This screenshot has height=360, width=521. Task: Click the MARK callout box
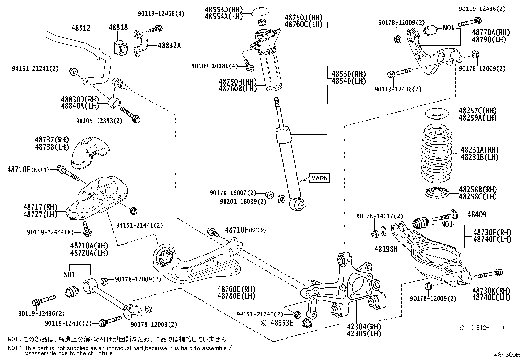click(x=319, y=178)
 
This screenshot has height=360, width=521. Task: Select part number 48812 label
click(x=81, y=28)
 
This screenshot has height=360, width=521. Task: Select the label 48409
click(x=477, y=215)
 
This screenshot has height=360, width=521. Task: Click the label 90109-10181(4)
click(x=215, y=66)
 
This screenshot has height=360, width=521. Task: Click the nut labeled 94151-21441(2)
click(x=134, y=211)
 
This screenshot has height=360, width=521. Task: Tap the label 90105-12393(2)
click(x=99, y=121)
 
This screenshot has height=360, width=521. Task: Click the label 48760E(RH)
click(x=232, y=289)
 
